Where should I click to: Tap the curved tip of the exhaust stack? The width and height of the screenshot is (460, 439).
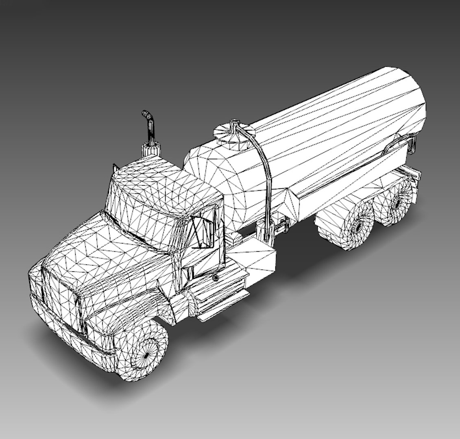146,114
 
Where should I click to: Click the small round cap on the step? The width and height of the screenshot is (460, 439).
215,278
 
